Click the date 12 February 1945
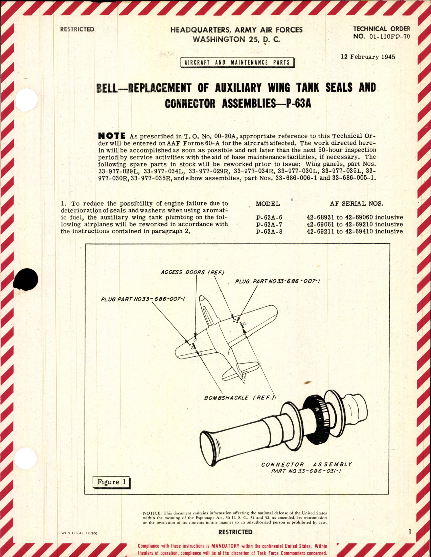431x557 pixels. tap(368, 57)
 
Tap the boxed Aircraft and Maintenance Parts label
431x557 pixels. tap(237, 63)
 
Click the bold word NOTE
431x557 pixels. tap(112, 136)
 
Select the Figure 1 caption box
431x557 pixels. tap(111, 482)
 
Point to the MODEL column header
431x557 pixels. tap(268, 204)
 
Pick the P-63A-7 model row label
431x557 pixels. tap(269, 225)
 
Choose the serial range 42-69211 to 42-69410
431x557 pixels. tap(355, 232)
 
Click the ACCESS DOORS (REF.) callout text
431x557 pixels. tap(192, 272)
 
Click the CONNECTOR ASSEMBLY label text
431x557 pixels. tap(306, 464)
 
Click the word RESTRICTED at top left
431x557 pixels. tap(77, 29)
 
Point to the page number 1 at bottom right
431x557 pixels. tap(409, 532)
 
